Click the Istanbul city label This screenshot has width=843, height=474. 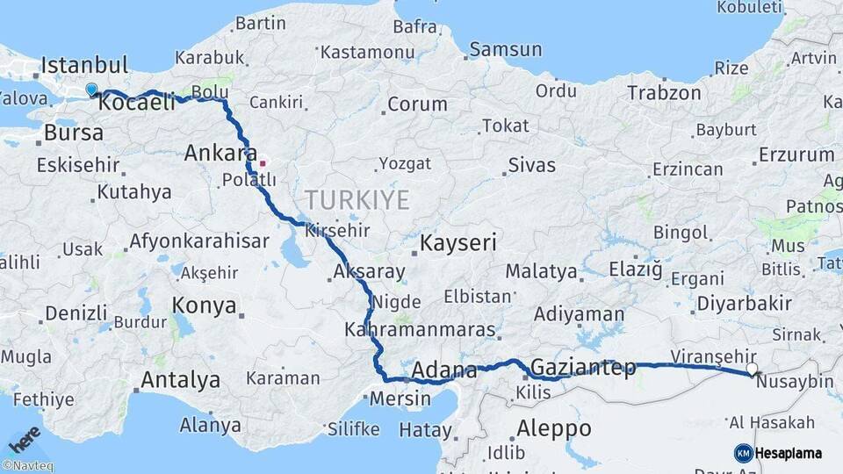[x=84, y=65]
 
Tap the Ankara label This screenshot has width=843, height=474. [x=220, y=154]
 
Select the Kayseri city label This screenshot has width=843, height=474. [x=458, y=242]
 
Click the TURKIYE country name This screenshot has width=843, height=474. [x=357, y=200]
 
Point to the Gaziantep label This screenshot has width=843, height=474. [x=583, y=368]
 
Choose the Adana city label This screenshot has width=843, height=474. [x=443, y=370]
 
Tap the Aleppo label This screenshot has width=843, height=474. [x=553, y=429]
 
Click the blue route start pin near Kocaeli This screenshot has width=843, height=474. [x=91, y=90]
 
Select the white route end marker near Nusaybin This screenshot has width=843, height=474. [x=752, y=369]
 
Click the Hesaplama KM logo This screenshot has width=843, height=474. [x=777, y=453]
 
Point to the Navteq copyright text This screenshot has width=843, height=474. [x=27, y=466]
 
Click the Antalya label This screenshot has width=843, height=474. [x=181, y=380]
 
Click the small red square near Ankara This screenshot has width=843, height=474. [x=262, y=162]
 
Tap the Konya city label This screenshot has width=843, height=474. [x=204, y=305]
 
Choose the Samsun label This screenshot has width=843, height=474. [x=505, y=50]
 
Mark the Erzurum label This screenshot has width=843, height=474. [x=796, y=155]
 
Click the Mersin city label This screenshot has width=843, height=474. [x=400, y=399]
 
